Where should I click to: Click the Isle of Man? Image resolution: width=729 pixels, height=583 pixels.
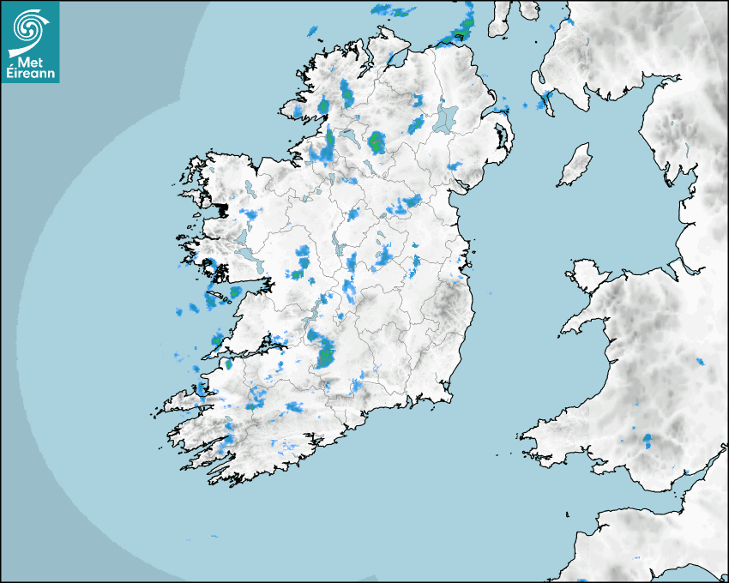(575, 165)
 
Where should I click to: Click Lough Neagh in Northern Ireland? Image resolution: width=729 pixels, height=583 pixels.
(445, 119)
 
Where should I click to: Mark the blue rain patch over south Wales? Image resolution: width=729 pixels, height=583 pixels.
(648, 442)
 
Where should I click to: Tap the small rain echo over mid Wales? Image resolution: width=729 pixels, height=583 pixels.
(700, 362)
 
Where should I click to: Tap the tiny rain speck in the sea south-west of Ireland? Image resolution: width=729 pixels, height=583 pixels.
(214, 538)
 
